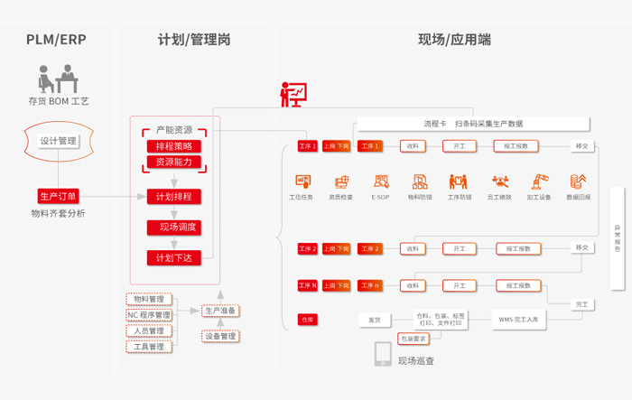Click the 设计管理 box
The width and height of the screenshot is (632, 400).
click(59, 141)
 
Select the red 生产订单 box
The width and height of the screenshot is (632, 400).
click(59, 196)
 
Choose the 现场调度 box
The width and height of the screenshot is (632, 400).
click(174, 227)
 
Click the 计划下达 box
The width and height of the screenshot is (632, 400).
click(174, 257)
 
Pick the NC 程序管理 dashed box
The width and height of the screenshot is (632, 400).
click(148, 315)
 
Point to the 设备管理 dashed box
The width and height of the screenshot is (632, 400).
click(220, 336)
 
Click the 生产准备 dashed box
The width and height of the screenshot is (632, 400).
click(220, 311)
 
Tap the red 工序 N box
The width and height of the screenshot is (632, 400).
click(308, 285)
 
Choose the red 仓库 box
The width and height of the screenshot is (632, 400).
click(308, 319)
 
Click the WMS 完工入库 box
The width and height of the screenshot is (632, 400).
click(518, 319)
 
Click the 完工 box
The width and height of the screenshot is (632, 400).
click(582, 304)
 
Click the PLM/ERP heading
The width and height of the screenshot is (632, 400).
click(56, 40)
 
